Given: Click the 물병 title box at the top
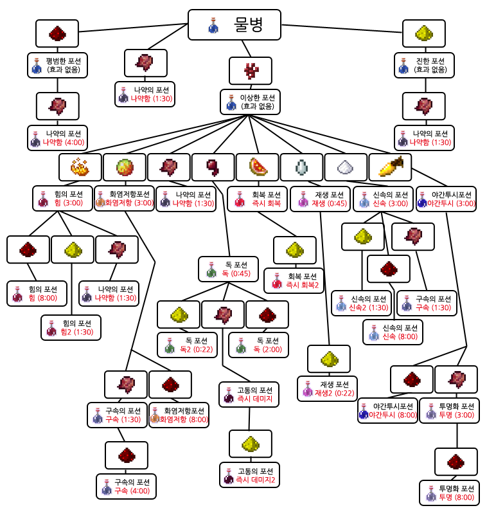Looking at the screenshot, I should [234, 24].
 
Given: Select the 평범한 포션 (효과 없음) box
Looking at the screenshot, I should [57, 65].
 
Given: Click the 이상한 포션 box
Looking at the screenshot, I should [250, 102].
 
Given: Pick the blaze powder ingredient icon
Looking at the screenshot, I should [80, 167].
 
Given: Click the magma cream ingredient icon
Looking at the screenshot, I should [124, 167].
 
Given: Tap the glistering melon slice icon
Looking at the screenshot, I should [257, 167].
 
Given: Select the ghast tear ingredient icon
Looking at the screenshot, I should [301, 167].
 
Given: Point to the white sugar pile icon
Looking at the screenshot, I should [346, 167].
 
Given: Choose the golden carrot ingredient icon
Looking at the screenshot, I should [390, 167].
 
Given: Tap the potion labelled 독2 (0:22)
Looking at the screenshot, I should [187, 345].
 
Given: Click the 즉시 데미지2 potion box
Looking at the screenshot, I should [249, 475].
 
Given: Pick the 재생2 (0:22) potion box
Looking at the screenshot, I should [328, 388].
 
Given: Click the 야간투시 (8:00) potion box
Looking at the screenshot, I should [387, 410].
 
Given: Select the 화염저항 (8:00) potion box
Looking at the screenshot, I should [178, 414].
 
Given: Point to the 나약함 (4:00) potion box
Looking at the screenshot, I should [57, 138].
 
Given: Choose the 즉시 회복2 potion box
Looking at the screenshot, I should [294, 280].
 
